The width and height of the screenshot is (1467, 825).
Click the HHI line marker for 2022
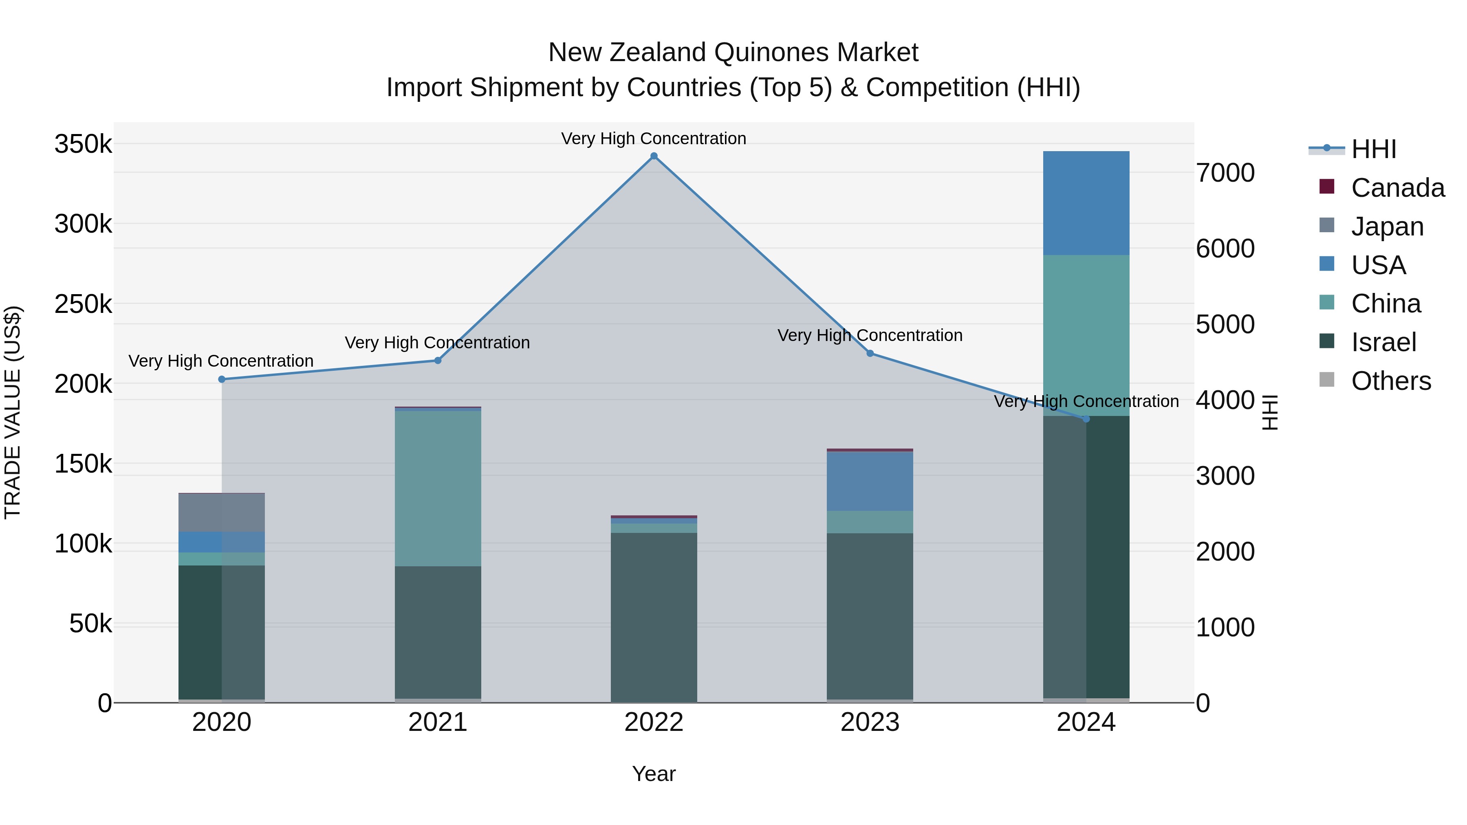point(654,156)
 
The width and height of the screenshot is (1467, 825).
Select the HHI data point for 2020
point(222,379)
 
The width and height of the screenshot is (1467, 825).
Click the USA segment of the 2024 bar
point(1086,203)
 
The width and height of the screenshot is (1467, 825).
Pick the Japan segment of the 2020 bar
point(222,513)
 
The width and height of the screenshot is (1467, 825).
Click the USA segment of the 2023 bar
point(870,481)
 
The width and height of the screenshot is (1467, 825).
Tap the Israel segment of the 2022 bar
point(654,617)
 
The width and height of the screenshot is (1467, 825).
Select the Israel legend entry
point(1383,342)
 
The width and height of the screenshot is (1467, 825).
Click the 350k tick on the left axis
point(83,144)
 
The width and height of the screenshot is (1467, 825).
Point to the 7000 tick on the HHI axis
point(1225,173)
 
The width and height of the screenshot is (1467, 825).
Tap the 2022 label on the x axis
point(654,722)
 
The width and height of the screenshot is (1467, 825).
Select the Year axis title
point(654,774)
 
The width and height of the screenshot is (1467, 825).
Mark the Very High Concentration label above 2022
point(654,139)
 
